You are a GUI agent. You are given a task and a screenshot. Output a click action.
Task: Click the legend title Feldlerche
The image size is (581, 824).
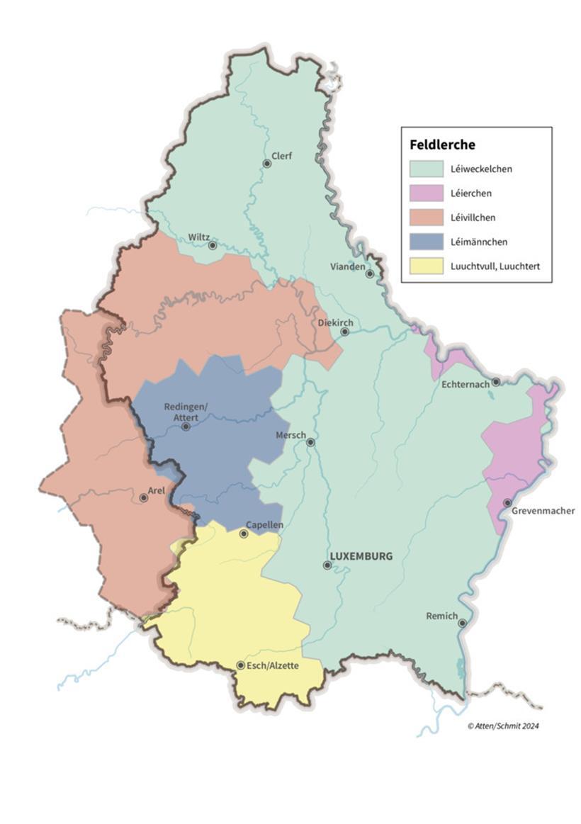442,145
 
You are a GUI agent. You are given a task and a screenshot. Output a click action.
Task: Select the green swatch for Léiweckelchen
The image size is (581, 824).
425,169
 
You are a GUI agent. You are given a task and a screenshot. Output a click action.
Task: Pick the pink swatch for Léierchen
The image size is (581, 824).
425,193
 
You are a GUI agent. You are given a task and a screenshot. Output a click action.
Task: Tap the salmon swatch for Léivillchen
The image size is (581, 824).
425,218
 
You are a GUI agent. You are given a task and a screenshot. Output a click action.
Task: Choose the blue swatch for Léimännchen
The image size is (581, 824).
425,242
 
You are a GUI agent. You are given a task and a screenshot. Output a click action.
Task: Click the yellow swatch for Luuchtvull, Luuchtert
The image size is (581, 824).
425,266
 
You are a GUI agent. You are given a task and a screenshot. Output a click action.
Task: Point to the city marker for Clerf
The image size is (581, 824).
267,164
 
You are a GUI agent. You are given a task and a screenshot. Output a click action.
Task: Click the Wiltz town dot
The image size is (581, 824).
212,245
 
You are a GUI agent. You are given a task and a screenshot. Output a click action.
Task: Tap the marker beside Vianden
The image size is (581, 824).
369,273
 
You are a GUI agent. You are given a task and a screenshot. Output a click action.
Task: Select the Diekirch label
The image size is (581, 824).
334,321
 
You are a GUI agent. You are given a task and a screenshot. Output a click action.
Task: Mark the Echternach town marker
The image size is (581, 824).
496,382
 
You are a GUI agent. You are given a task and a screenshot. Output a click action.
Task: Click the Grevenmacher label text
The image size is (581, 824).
545,511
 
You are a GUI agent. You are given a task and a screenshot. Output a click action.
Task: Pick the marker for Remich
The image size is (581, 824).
462,623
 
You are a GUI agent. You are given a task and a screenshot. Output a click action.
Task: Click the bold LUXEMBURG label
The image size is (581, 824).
361,556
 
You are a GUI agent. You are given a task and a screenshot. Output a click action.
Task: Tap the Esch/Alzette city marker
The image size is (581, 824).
241,665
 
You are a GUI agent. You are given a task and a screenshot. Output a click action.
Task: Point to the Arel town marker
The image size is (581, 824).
144,498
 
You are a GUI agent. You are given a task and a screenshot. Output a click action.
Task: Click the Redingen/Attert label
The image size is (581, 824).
186,412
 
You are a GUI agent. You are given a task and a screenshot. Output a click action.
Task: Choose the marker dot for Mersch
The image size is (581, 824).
310,442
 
